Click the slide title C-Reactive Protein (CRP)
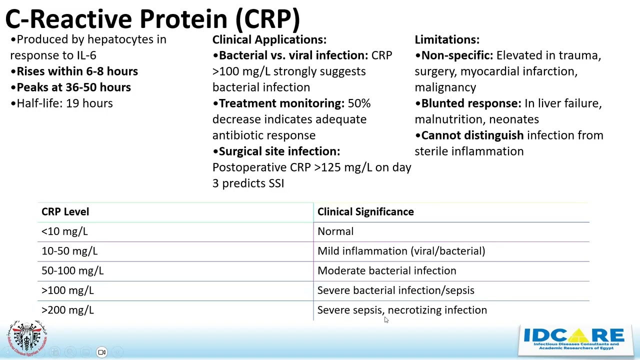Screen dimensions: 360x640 152,19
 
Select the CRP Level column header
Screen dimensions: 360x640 65,212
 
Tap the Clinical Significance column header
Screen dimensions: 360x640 365,212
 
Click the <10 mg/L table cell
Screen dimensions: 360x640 64,231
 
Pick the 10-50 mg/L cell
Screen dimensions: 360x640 69,251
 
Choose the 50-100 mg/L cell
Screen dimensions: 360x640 72,270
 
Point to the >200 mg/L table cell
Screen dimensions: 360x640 67,310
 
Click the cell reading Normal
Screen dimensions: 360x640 335,231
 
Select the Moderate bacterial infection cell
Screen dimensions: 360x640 386,270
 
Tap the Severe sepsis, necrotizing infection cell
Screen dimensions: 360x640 402,310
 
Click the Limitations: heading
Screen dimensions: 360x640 447,39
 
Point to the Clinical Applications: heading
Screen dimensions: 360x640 269,39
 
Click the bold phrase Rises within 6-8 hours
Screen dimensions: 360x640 77,71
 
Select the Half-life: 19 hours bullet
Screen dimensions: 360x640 64,103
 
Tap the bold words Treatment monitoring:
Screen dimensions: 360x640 281,103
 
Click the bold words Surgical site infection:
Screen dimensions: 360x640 279,151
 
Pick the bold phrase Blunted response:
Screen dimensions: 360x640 471,103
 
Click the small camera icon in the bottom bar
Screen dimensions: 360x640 102,352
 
